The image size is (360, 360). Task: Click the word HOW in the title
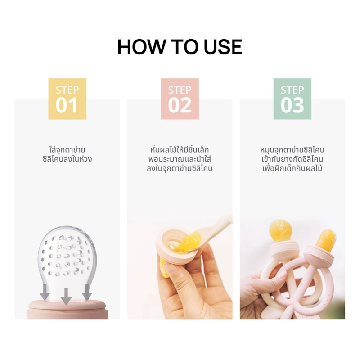[x=141, y=47]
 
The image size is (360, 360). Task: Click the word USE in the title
[x=223, y=47]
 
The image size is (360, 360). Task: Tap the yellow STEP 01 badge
[x=67, y=99]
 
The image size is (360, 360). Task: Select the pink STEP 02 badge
[x=180, y=99]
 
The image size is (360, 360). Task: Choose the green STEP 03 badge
[x=292, y=99]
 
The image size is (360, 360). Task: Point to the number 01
[x=67, y=105]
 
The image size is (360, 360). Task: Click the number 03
[x=292, y=105]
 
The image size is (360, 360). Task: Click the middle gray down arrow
[x=66, y=297]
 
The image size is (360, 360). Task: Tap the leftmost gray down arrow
[x=45, y=292]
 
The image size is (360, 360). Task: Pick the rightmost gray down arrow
[x=87, y=292]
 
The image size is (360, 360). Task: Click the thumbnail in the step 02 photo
[x=171, y=269]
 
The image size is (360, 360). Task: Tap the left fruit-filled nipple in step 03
[x=280, y=231]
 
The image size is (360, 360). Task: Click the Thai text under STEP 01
[x=67, y=154]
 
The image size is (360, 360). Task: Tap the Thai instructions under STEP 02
[x=180, y=159]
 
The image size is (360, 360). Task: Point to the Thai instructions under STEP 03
[x=292, y=159]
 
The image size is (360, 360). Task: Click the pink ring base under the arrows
[x=67, y=310]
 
